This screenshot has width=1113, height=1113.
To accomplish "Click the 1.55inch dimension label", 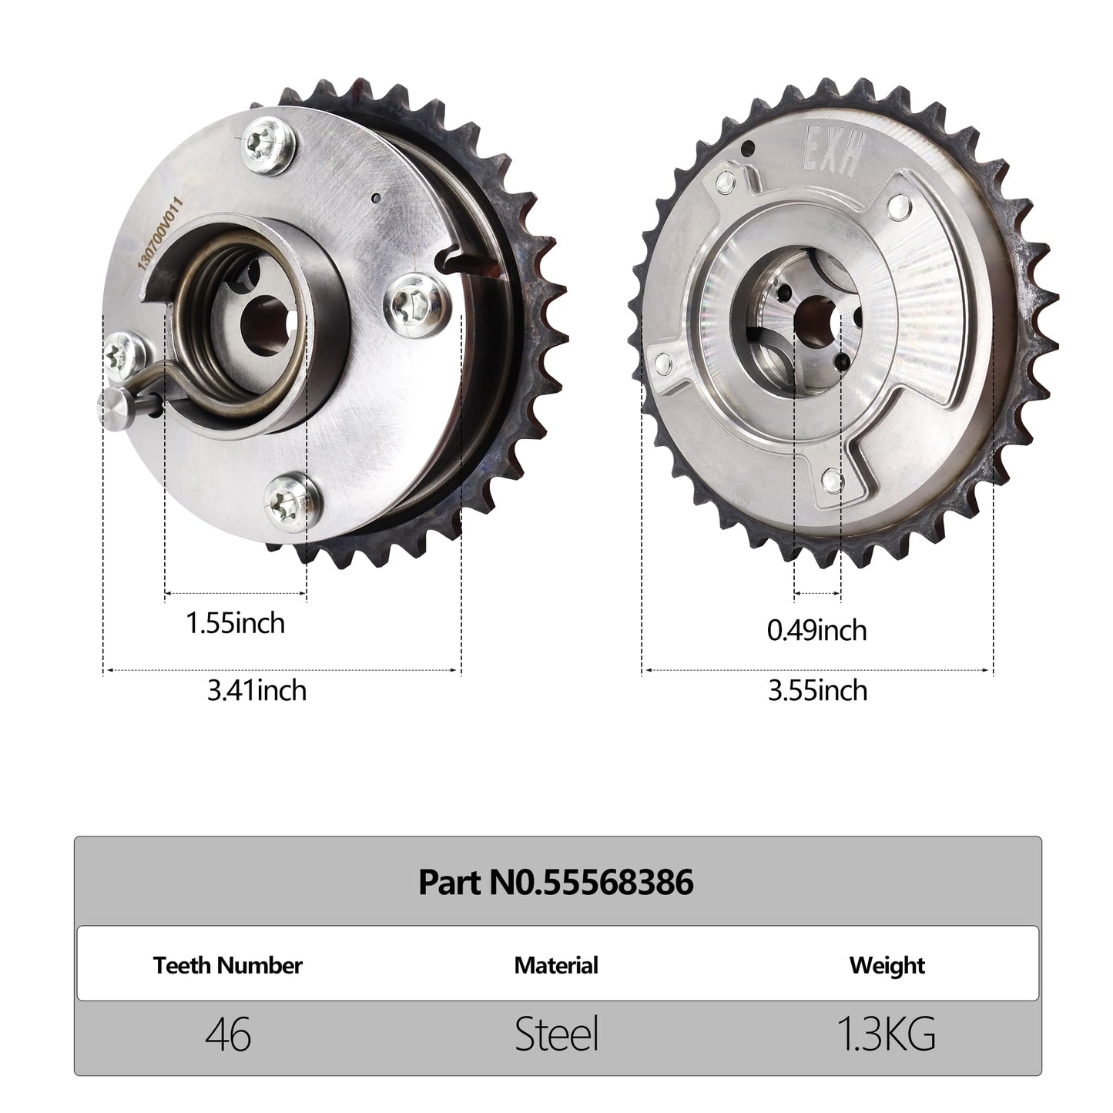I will (x=235, y=622).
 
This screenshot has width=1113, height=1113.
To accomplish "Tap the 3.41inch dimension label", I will (x=256, y=690).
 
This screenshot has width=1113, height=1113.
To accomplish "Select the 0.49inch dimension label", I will (x=816, y=630).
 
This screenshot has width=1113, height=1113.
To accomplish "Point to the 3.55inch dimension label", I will (x=817, y=690).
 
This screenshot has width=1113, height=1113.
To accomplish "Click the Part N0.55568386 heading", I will (x=556, y=882).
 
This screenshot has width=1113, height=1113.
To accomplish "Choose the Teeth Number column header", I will (x=227, y=965).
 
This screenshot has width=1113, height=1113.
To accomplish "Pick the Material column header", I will (x=556, y=965).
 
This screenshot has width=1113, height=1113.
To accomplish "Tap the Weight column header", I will (x=887, y=965).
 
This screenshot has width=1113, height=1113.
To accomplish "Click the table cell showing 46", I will (x=228, y=1034).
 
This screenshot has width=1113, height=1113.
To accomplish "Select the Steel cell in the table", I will (x=556, y=1034).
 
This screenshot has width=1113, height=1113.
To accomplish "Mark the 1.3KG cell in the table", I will (x=887, y=1034).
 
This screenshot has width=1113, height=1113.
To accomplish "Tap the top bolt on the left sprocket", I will (x=269, y=145).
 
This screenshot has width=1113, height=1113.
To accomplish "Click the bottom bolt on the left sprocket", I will (x=290, y=502).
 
